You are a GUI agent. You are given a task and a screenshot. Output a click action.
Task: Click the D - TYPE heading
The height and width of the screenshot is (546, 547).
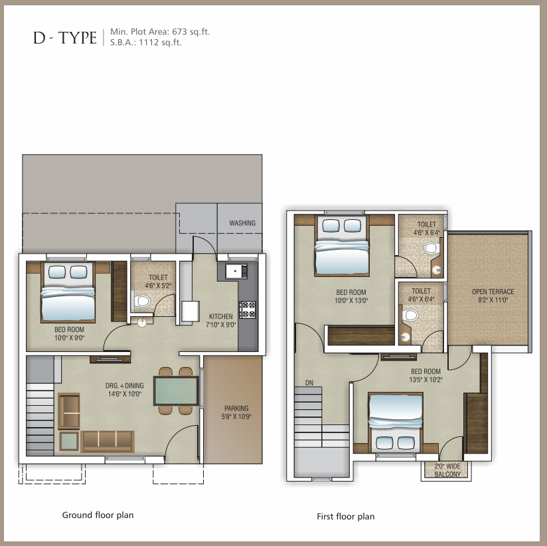point(65,38)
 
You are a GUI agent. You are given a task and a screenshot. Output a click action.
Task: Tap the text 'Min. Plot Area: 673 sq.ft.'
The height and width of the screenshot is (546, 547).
point(160,32)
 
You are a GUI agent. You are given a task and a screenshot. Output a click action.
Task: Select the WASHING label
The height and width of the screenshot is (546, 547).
point(242,223)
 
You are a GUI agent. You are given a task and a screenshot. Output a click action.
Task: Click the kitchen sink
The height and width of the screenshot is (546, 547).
point(236,271)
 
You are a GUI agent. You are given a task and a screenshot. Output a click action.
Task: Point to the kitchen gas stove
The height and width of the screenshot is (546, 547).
point(248,310)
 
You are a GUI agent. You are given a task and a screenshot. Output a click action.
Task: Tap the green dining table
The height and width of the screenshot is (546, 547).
point(176,391)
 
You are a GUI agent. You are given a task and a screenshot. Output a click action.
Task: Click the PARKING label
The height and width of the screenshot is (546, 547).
point(236,408)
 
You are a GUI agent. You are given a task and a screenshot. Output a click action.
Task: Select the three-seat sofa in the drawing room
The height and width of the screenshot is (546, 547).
point(108,441)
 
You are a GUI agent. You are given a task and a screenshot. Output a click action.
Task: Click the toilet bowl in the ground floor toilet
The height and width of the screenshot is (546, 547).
point(141,301)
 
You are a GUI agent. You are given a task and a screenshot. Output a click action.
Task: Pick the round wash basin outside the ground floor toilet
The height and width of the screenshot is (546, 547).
point(142,322)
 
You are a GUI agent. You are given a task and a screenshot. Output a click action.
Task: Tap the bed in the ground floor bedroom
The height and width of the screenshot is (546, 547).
point(68,292)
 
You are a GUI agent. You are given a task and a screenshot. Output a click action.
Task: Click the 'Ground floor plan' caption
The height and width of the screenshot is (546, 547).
point(98,515)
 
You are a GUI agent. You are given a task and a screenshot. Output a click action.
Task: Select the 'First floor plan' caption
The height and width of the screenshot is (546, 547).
point(346,516)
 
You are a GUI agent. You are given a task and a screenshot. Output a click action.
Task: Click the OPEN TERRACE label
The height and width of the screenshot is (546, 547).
point(493,292)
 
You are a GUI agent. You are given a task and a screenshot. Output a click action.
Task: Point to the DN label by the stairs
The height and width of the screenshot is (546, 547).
point(309,383)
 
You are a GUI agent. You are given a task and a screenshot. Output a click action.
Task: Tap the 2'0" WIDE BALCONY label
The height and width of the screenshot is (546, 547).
point(447,470)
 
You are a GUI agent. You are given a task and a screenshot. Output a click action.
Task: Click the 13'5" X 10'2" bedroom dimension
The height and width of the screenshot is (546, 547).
point(426,379)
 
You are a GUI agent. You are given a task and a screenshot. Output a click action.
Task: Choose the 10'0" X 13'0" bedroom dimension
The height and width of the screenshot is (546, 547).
point(351,301)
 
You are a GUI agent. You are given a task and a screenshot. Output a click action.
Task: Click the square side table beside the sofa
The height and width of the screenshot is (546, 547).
point(69,441)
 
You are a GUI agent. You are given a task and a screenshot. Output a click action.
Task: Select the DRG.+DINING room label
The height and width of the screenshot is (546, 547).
point(125,386)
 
